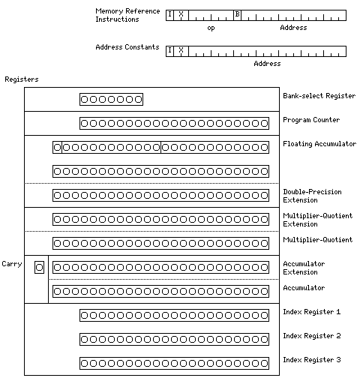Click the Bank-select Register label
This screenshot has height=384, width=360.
pos(319,96)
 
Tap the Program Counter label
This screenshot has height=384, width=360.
pos(311,120)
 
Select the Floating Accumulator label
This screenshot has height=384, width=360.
pos(319,144)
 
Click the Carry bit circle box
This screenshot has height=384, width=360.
pos(39,268)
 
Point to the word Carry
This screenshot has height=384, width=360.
pos(12,264)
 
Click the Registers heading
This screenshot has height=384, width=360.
pos(22,79)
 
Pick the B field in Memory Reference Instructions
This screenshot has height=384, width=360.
pos(237,14)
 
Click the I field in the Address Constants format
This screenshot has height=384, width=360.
pos(169,50)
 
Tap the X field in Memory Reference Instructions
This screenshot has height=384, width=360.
pos(181,14)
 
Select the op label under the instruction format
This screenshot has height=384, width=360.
pos(211,28)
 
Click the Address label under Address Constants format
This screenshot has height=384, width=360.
pos(267,64)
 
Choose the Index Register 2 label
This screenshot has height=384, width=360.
pos(312,336)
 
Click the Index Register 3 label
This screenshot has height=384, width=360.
pos(312,360)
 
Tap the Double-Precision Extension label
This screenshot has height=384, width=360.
pos(312,196)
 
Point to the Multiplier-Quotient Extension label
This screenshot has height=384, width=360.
pos(318,220)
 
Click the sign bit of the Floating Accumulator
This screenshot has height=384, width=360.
pos(57,148)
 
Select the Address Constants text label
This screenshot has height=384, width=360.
pos(127,47)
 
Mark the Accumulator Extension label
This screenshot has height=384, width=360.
pos(304,268)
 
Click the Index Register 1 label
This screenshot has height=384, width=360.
pos(311,312)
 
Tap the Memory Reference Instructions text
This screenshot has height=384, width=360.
pos(127,15)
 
